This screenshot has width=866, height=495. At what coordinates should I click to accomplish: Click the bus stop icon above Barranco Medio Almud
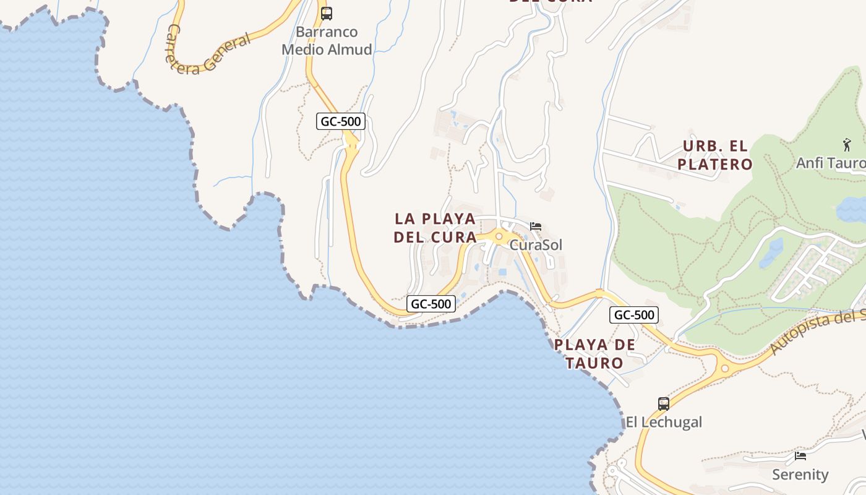pyautogui.click(x=327, y=13)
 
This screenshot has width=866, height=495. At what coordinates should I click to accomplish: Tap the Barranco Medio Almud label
pyautogui.click(x=327, y=41)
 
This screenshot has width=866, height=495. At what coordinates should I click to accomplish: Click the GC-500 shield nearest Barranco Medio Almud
pyautogui.click(x=341, y=121)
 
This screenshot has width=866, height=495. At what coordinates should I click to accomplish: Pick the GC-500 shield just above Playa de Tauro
pyautogui.click(x=634, y=315)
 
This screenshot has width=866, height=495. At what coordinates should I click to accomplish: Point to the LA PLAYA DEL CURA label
pyautogui.click(x=435, y=228)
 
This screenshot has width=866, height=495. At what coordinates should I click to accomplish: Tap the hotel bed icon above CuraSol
pyautogui.click(x=536, y=226)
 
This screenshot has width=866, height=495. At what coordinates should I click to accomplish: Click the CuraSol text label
pyautogui.click(x=536, y=245)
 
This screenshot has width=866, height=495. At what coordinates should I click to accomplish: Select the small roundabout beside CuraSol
pyautogui.click(x=499, y=236)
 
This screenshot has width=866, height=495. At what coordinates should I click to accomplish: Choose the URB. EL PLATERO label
pyautogui.click(x=715, y=155)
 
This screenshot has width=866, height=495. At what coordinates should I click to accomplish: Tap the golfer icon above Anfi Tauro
pyautogui.click(x=847, y=145)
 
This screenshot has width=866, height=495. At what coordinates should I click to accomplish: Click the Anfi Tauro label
pyautogui.click(x=831, y=163)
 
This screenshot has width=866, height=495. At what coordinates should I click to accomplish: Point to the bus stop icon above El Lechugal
pyautogui.click(x=664, y=404)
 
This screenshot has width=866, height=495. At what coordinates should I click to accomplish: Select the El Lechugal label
pyautogui.click(x=664, y=422)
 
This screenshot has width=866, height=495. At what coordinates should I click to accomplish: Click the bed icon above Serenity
pyautogui.click(x=800, y=456)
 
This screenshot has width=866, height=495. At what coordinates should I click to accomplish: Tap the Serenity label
pyautogui.click(x=800, y=475)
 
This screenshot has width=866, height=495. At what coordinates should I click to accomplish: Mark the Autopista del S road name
pyautogui.click(x=817, y=334)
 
